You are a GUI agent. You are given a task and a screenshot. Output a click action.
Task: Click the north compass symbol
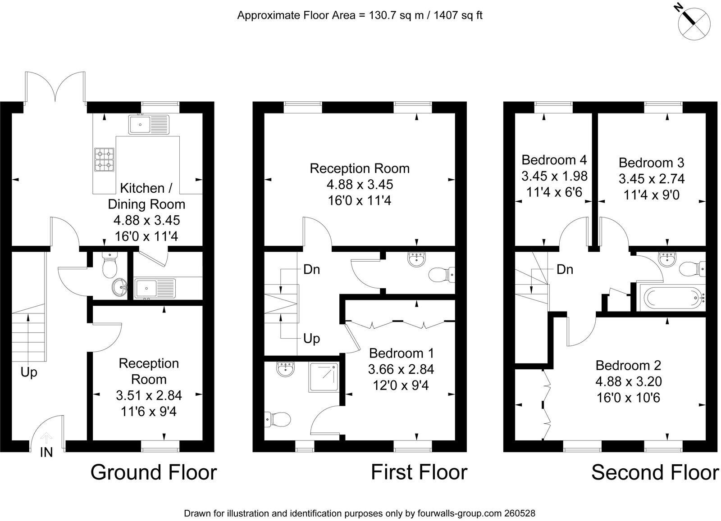pos(694,24)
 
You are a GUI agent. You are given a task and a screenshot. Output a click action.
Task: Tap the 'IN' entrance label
pos(46,453)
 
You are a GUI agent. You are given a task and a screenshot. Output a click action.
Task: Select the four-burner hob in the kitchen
pos(104,159)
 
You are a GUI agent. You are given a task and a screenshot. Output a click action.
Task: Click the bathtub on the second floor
pos(671,298)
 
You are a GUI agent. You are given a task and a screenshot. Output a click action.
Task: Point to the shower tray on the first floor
pos(324,377)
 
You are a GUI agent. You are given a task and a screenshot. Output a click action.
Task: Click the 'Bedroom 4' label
pos(554,160)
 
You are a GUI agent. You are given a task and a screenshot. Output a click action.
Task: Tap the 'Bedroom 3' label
pos(651,163)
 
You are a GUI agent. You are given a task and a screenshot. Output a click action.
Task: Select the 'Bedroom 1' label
pos(401,353)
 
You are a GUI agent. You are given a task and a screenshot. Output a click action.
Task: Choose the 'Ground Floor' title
pos(154,472)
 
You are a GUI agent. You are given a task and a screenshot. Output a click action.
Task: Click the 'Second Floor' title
pos(655,472)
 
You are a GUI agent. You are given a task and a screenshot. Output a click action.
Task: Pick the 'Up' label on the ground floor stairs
pos(29,372)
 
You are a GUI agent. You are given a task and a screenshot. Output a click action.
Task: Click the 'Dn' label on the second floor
pos(565,269)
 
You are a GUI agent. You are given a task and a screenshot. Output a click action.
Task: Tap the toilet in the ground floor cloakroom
pos(110,264)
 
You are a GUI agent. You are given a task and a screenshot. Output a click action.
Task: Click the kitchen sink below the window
pos(149,124)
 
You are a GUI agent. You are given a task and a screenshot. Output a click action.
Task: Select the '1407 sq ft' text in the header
pos(458,15)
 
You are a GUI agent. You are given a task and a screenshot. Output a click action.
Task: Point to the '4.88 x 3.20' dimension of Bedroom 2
pos(628,381)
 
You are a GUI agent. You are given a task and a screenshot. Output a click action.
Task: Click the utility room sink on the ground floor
pos(155,288)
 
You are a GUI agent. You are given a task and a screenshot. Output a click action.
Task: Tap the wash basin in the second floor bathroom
pos(668,259)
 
